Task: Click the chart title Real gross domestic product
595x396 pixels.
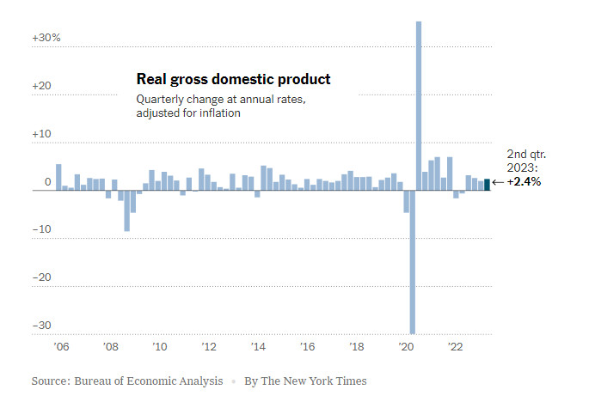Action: (x=233, y=80)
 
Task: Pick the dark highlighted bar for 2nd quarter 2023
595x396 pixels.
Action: (x=487, y=185)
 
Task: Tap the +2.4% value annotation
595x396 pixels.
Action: (x=524, y=182)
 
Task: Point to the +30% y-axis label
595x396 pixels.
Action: (x=46, y=38)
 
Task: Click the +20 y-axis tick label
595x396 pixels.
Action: (x=43, y=86)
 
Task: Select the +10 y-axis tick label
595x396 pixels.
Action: (x=43, y=134)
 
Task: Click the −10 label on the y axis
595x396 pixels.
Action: (x=43, y=229)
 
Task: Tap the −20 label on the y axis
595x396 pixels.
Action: (x=43, y=277)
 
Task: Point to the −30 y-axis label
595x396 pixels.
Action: (x=43, y=326)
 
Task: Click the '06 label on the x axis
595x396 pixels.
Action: (x=61, y=347)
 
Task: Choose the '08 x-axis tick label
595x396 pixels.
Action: (x=110, y=347)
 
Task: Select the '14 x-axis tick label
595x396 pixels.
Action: (x=258, y=347)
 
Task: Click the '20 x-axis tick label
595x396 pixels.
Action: (x=407, y=347)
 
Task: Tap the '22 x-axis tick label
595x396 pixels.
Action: (x=456, y=347)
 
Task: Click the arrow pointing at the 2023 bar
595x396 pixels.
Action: (x=498, y=183)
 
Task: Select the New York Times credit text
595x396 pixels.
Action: (x=305, y=380)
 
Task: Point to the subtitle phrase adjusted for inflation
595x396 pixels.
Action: (x=188, y=113)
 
